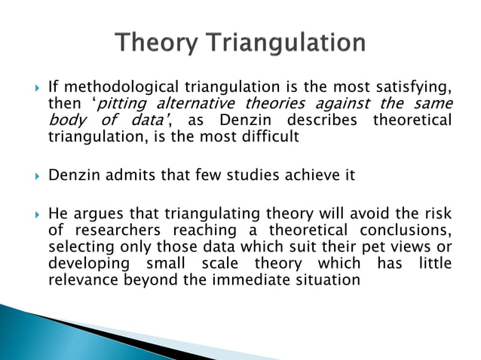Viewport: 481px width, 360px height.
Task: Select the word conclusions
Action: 410,230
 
